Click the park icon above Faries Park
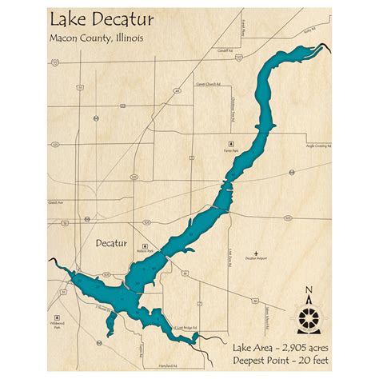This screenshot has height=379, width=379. click(229, 142)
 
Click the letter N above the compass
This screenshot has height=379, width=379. click(309, 291)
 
